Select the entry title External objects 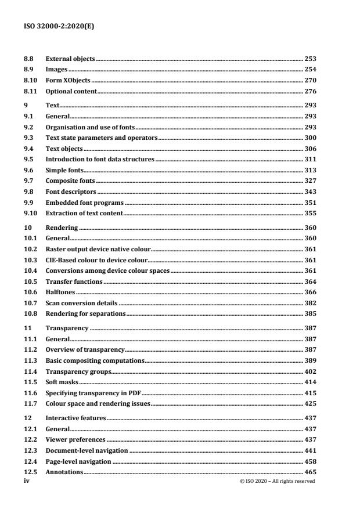click(x=70, y=59)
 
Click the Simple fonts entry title click(x=64, y=169)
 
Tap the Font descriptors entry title click(x=71, y=191)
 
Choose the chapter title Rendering click(x=62, y=228)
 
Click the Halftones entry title click(x=60, y=293)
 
